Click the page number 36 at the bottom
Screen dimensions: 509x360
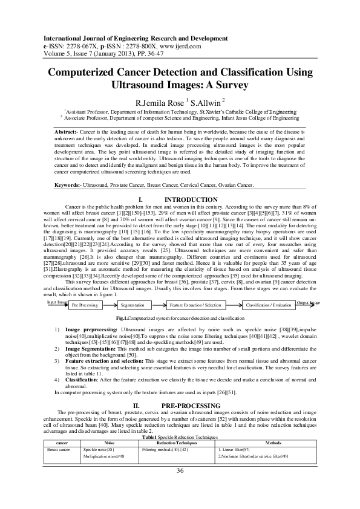click(180, 488)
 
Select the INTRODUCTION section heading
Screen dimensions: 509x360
click(191, 199)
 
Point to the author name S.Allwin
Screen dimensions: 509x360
click(207, 102)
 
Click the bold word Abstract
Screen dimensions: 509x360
click(67, 131)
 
